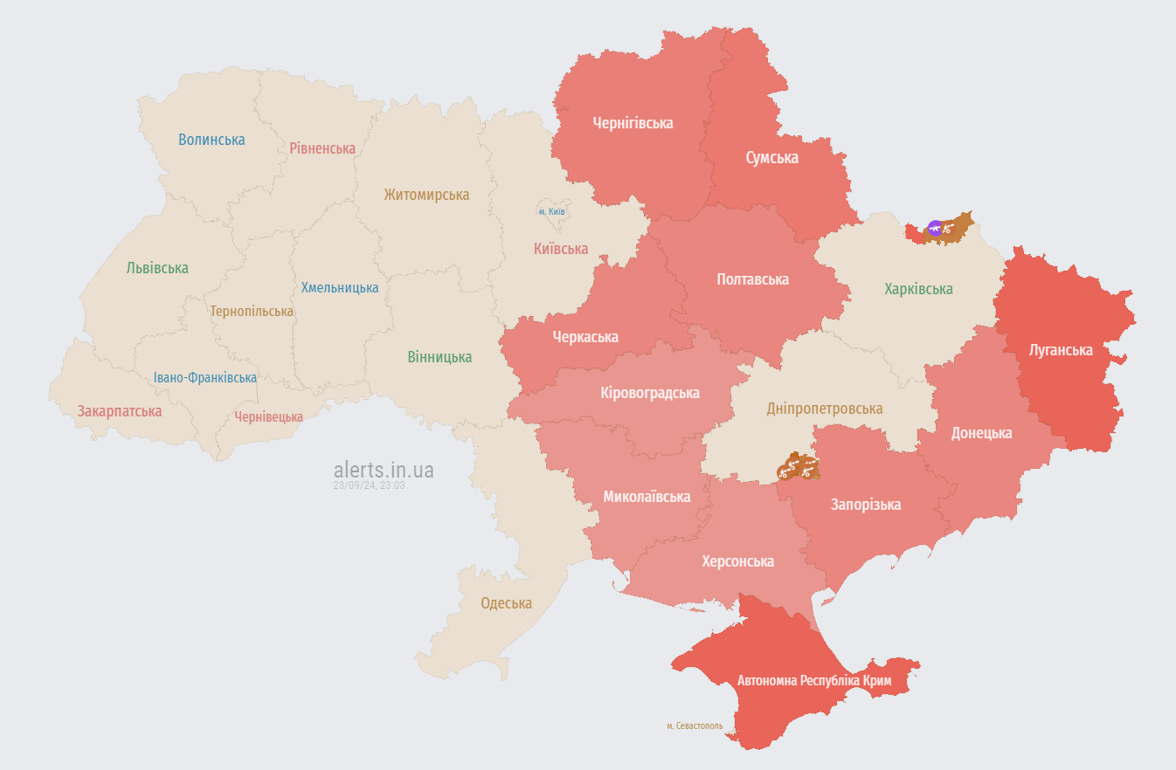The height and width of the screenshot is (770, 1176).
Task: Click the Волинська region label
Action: click(x=211, y=140)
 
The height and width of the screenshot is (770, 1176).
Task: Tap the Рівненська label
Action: click(x=322, y=148)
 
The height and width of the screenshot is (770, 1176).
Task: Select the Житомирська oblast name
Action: click(x=426, y=195)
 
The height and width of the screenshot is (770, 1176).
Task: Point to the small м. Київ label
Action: click(x=552, y=211)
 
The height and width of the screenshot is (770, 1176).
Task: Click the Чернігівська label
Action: click(x=633, y=123)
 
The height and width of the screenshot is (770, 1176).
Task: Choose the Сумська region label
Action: click(x=771, y=158)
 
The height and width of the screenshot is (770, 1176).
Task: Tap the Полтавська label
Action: click(x=752, y=279)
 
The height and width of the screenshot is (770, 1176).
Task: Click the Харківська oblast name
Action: click(x=918, y=289)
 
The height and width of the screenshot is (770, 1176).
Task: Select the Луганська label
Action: click(x=1061, y=350)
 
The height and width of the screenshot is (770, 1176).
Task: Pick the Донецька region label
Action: click(x=981, y=433)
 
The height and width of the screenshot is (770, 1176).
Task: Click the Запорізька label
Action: click(x=865, y=505)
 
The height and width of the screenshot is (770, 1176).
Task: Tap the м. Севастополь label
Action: click(x=695, y=725)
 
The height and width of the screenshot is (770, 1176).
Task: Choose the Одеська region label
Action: click(x=506, y=603)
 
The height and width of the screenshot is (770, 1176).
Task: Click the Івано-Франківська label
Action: click(x=205, y=378)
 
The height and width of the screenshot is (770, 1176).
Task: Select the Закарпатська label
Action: click(x=120, y=411)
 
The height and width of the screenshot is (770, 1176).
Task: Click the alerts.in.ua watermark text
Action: click(x=383, y=471)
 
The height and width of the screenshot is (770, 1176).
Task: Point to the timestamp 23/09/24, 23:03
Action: click(x=369, y=485)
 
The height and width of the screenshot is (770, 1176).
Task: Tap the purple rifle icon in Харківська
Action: click(x=934, y=228)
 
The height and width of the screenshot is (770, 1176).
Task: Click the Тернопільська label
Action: click(x=252, y=312)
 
